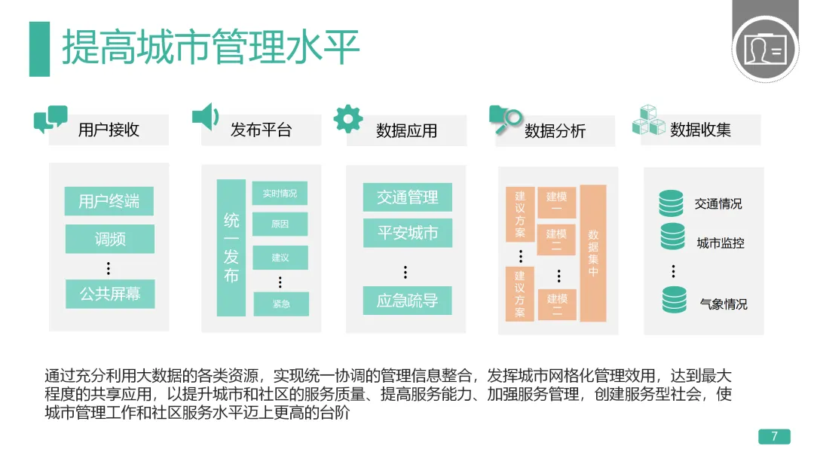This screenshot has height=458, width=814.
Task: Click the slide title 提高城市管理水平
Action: point(210,47)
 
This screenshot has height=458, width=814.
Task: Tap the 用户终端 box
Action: point(109,201)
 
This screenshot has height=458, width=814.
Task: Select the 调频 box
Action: point(109,240)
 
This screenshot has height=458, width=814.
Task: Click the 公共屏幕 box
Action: point(109,293)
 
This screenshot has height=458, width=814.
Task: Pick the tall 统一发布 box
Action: point(231,248)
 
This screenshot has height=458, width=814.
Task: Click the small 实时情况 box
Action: point(280,194)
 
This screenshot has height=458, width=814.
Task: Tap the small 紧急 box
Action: point(280,304)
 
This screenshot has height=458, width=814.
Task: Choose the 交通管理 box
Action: point(407,197)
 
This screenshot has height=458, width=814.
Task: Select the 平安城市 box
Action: point(407,233)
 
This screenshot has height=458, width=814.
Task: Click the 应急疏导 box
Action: point(407,301)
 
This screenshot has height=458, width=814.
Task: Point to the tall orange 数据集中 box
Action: point(593,253)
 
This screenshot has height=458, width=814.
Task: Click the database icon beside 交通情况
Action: point(672,203)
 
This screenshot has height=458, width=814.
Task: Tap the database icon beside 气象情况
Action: point(674,299)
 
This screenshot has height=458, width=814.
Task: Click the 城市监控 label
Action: point(720,243)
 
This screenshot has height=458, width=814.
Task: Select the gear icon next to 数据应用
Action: point(347,118)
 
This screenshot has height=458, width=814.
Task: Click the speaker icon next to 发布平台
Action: point(204,117)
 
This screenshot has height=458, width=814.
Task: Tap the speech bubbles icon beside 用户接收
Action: point(50,119)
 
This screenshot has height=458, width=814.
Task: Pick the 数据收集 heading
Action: point(700,130)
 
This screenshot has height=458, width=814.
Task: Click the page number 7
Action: point(773,437)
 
